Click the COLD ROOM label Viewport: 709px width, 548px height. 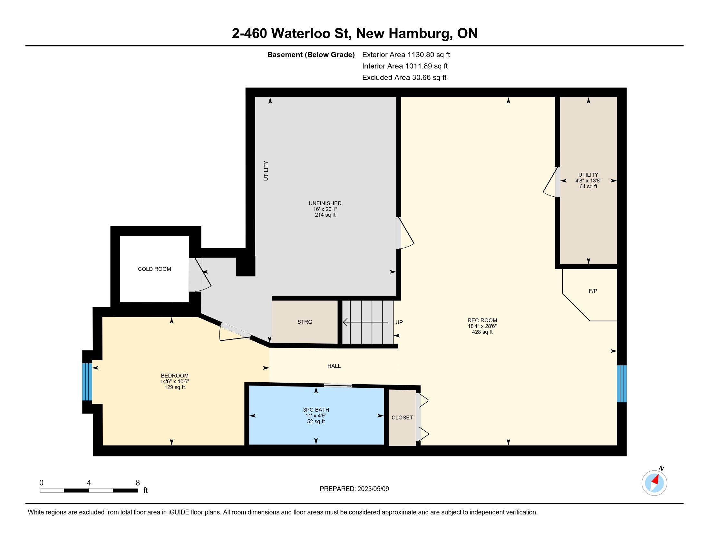pos(154,269)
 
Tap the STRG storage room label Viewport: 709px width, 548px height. pos(305,322)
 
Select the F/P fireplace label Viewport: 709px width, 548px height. pos(593,291)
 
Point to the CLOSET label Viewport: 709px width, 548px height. pos(402,417)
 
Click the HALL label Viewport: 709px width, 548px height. pos(334,366)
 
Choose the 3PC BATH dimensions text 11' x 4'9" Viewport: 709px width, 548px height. pos(316,416)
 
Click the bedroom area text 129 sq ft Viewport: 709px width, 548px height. pos(175,387)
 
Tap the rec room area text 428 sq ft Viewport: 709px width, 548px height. pos(482,332)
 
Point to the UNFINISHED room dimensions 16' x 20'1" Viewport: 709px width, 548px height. pos(325,209)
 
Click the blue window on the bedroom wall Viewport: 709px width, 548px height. pos(87,381)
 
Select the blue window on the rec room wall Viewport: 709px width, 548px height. pos(621,384)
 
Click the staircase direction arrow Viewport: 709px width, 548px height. pos(365,322)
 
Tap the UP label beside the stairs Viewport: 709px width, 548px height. pos(399,322)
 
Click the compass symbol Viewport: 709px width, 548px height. pos(654,483)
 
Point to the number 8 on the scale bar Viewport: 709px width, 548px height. pos(138,483)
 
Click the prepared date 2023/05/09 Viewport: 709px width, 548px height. pos(373,489)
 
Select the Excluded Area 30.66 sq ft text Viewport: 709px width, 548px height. pos(404,78)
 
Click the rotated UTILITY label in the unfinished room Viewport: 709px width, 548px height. pos(266,171)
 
